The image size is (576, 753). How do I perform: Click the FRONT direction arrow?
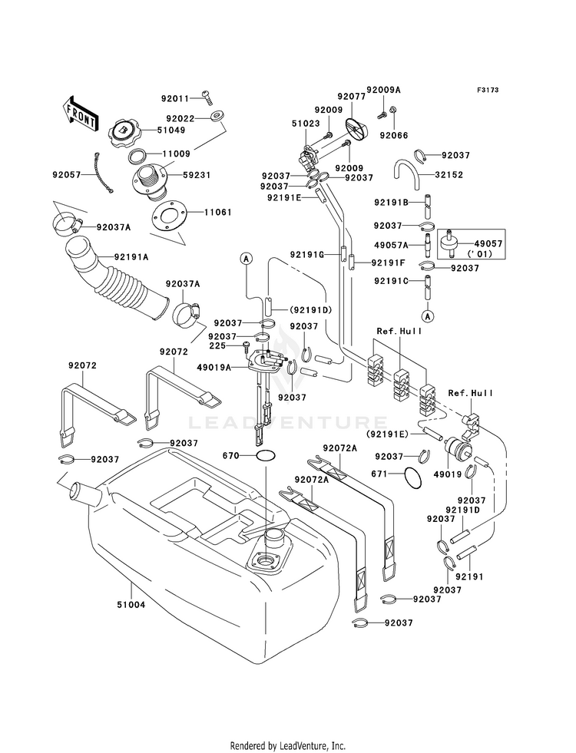tap(81, 114)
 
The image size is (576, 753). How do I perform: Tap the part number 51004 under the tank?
tap(131, 605)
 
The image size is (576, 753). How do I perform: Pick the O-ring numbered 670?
tap(266, 455)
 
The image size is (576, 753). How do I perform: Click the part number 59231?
tap(197, 175)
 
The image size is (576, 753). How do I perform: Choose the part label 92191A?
tap(131, 257)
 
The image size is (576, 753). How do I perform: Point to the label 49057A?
tap(391, 245)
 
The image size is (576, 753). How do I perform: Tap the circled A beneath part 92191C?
tap(428, 316)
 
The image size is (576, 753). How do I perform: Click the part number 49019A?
tap(214, 368)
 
